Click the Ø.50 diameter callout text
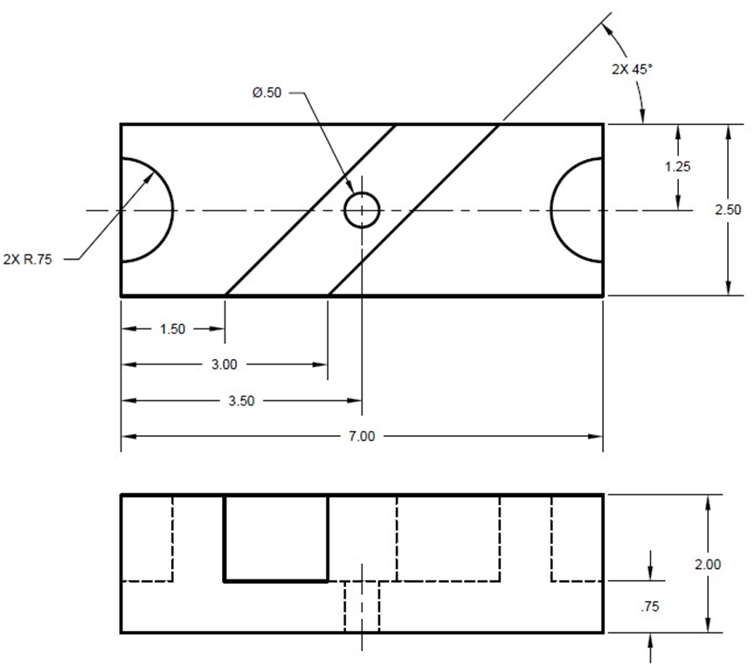pyautogui.click(x=267, y=93)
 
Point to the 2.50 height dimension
pyautogui.click(x=728, y=210)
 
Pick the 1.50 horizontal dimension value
pyautogui.click(x=172, y=329)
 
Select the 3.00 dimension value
pyautogui.click(x=225, y=364)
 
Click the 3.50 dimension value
pyautogui.click(x=242, y=401)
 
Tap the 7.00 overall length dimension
pyautogui.click(x=361, y=436)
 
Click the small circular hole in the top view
pyautogui.click(x=362, y=211)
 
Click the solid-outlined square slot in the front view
pyautogui.click(x=276, y=537)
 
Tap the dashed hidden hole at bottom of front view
pyautogui.click(x=362, y=606)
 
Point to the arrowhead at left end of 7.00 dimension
pyautogui.click(x=128, y=436)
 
